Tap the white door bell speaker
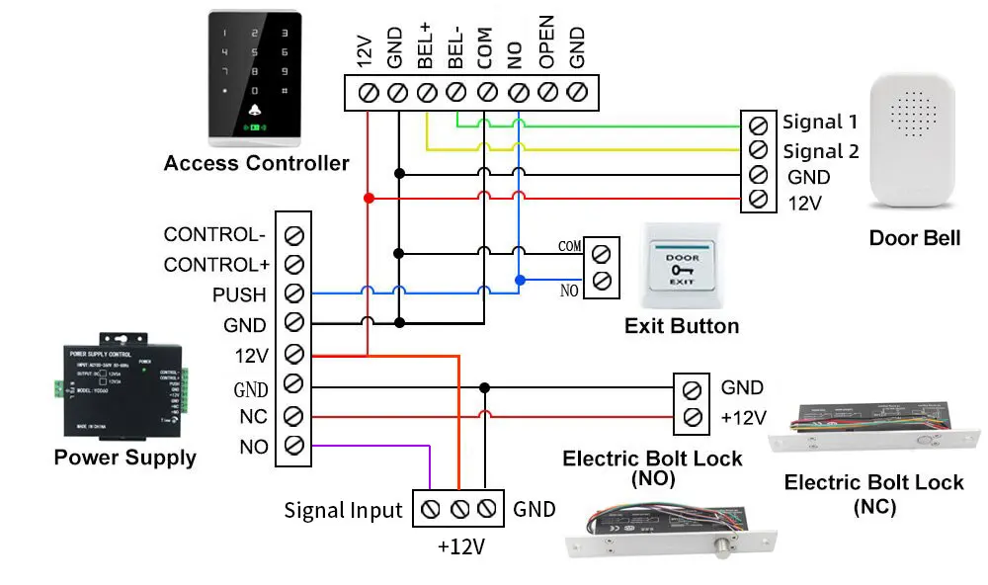click(x=914, y=143)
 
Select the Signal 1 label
click(x=820, y=123)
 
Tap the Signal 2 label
click(x=820, y=151)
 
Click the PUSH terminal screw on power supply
click(x=293, y=293)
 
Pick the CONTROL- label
click(x=214, y=235)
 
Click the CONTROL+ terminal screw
click(x=293, y=264)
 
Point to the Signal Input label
click(x=343, y=511)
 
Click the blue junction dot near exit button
click(x=519, y=280)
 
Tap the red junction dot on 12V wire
click(x=369, y=199)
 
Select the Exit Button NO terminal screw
click(x=601, y=281)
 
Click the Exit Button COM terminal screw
click(x=601, y=253)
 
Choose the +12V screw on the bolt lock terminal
click(x=692, y=416)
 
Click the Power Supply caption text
click(x=124, y=458)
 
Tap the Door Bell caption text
click(x=914, y=238)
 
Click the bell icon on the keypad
click(x=256, y=110)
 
